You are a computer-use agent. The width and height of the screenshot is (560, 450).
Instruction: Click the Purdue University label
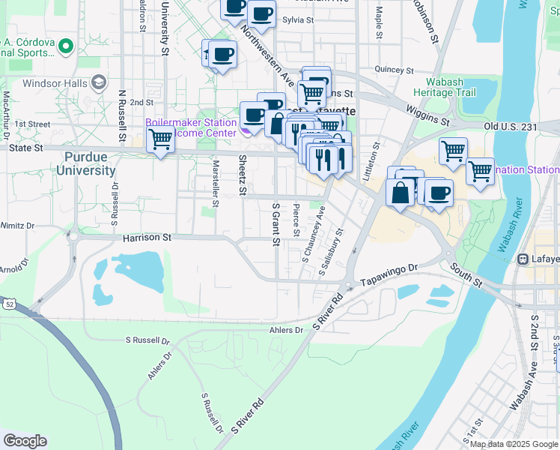click(90, 163)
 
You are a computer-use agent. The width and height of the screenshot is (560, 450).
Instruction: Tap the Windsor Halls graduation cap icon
click(98, 82)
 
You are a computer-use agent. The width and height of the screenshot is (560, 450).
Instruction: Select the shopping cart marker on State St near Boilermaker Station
click(160, 139)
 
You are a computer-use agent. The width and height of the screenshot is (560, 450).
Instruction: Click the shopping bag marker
click(401, 191)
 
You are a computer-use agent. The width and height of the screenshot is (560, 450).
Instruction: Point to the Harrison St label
click(147, 238)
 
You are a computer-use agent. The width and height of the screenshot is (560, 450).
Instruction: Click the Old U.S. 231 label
click(511, 127)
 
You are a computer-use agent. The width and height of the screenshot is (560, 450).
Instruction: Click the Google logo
click(25, 441)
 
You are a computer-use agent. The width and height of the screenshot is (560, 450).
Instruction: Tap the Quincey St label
click(389, 69)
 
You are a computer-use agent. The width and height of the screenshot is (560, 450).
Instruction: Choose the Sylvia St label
click(297, 20)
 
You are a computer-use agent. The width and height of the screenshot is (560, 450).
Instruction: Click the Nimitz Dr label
click(18, 224)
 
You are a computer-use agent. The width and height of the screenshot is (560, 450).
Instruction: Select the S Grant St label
click(276, 223)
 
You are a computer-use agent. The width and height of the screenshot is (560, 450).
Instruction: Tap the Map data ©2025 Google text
click(514, 444)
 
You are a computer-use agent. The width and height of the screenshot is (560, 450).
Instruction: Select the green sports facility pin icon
click(65, 46)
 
